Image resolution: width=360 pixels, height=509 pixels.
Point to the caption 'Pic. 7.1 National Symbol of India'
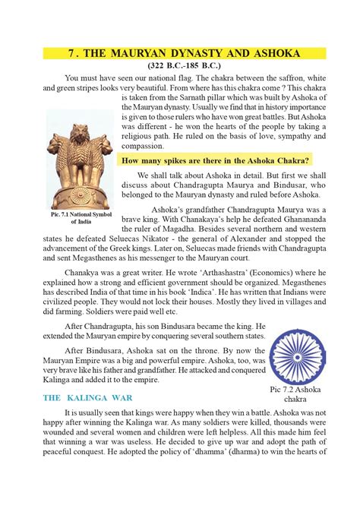tap(80, 218)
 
